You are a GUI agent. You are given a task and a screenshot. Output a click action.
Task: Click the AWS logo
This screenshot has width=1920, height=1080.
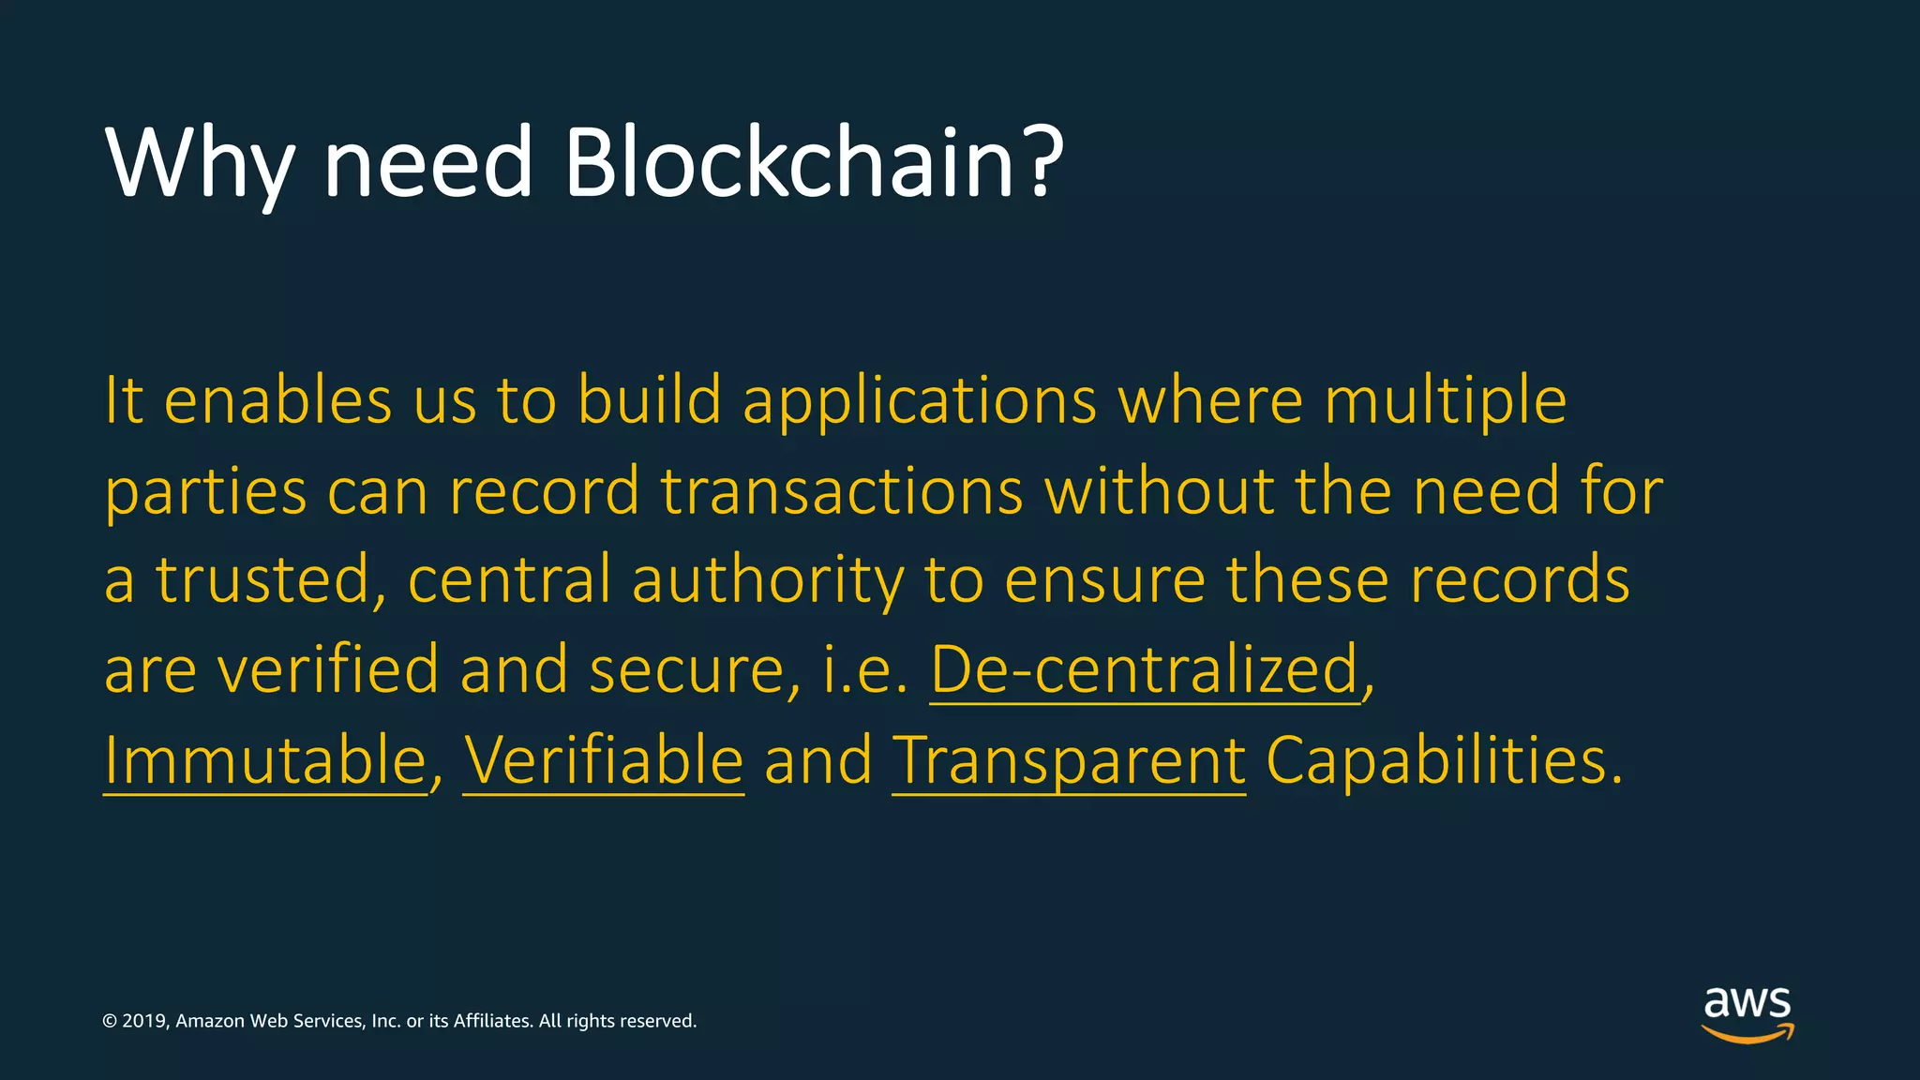click(x=1747, y=1013)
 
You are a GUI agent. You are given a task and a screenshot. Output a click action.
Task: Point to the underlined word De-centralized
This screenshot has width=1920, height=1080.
click(x=1145, y=669)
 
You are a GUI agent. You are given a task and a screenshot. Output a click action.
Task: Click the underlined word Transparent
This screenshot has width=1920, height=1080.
click(x=1069, y=761)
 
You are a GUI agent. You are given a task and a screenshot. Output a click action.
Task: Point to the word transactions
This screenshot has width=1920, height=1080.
click(x=842, y=490)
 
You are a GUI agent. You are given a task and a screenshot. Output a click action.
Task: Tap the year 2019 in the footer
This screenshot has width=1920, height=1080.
click(x=144, y=1021)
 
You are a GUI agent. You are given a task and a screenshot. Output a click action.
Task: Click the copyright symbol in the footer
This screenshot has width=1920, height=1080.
click(x=110, y=1021)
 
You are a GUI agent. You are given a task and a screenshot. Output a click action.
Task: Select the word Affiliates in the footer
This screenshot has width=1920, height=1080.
click(x=493, y=1021)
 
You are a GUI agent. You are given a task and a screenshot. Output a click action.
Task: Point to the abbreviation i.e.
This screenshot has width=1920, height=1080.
click(x=864, y=669)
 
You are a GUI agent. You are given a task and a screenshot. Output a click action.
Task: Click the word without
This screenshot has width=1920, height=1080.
click(x=1159, y=490)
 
